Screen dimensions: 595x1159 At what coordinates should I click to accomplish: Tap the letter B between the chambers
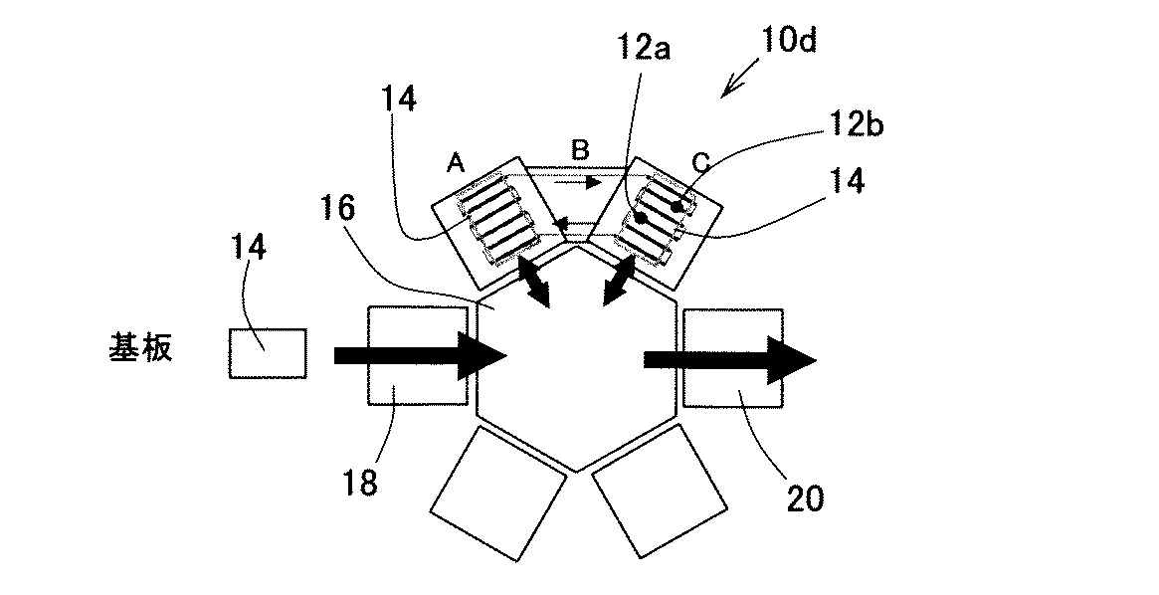(x=581, y=151)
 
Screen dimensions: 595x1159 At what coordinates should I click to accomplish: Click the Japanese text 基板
(x=140, y=349)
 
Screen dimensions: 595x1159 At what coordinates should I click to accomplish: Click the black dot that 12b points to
(x=676, y=206)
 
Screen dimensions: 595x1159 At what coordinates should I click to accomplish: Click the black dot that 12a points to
(x=642, y=218)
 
